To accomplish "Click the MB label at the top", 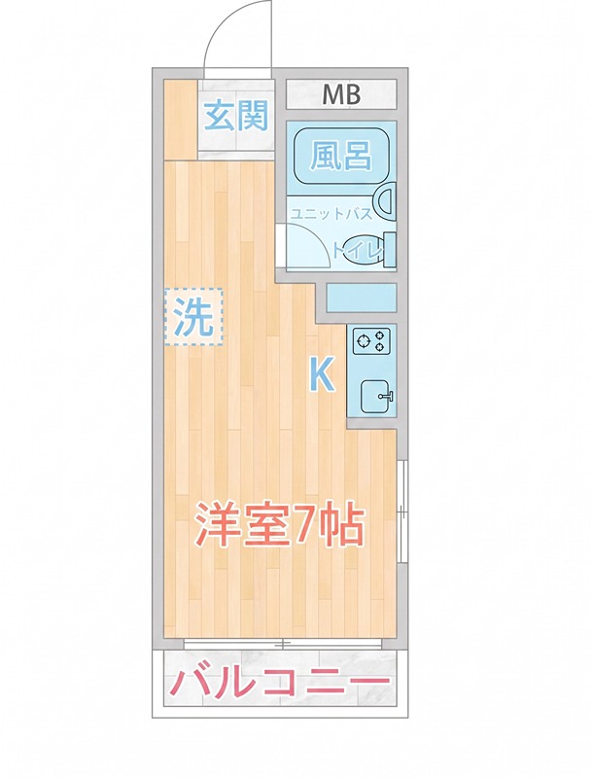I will [x=341, y=94].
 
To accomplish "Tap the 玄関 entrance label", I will [x=235, y=117].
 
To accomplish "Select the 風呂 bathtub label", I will [x=340, y=156].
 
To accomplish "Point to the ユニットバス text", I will [x=331, y=214].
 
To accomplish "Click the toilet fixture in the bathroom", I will [x=387, y=249].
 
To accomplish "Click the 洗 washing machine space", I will [x=192, y=316].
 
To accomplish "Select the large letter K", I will [x=323, y=374].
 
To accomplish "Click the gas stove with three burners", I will [x=372, y=340].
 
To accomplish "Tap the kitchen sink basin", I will [x=373, y=397].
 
